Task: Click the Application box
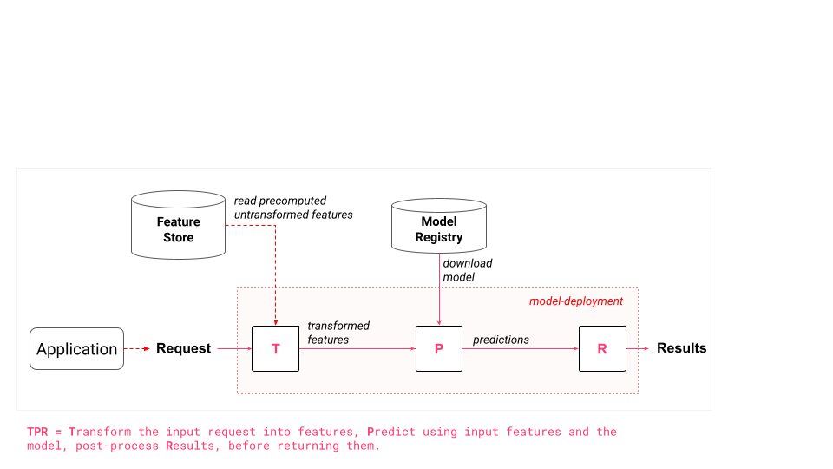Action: click(76, 349)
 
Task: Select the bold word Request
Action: click(183, 348)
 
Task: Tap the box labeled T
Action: click(275, 348)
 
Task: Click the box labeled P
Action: click(439, 348)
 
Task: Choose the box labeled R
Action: click(602, 348)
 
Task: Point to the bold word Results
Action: click(681, 348)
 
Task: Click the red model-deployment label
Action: click(576, 301)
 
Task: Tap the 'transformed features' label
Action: click(338, 333)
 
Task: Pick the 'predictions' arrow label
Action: click(501, 340)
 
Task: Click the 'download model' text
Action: click(468, 270)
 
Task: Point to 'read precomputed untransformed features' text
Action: click(293, 208)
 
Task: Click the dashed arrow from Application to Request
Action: click(138, 349)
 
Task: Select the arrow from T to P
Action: click(357, 348)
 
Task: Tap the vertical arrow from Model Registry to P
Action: click(439, 287)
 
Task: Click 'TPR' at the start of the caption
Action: click(38, 432)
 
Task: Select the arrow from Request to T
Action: click(233, 348)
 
